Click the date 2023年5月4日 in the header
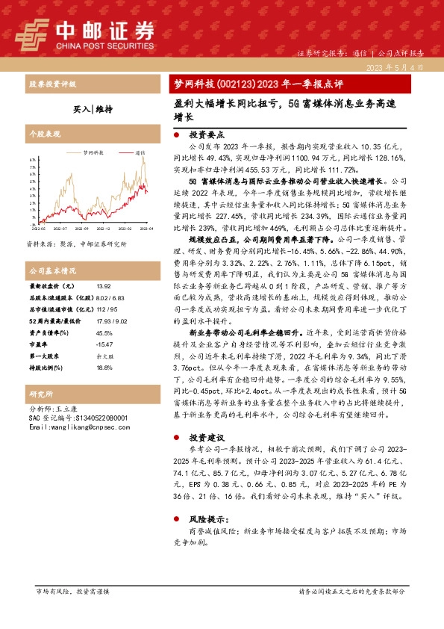click(x=395, y=67)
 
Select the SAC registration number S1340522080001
click(x=94, y=418)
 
